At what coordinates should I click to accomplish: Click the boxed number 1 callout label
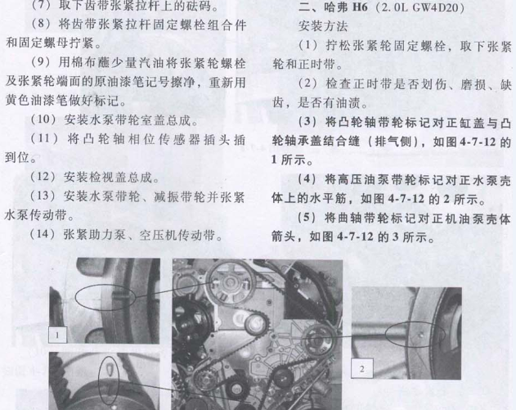click(x=57, y=335)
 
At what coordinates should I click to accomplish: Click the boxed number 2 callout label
click(x=362, y=368)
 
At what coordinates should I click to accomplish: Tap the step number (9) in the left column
click(x=42, y=62)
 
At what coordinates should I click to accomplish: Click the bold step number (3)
click(x=307, y=121)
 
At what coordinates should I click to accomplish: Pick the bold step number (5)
click(x=307, y=218)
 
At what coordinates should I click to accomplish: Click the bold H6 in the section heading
click(x=360, y=7)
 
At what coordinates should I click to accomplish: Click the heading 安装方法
click(x=323, y=25)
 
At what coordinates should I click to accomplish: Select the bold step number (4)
click(x=307, y=179)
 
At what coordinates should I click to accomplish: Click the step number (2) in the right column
click(x=307, y=83)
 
